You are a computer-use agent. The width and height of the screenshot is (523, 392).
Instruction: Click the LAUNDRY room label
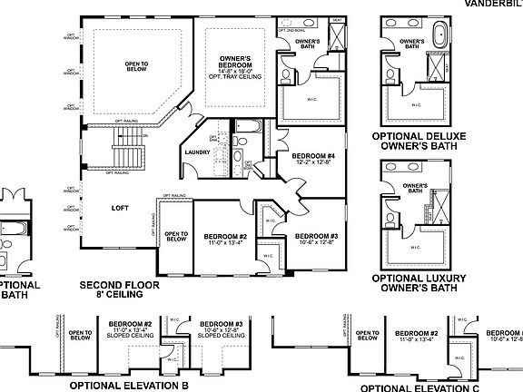196,152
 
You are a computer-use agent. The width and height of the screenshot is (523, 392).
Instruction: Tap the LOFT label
119,207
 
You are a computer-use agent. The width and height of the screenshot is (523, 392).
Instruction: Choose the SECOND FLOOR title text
119,284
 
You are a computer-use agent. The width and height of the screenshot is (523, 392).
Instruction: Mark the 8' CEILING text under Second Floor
119,294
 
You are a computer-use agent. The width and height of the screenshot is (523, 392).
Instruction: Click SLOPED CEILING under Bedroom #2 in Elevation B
130,336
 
